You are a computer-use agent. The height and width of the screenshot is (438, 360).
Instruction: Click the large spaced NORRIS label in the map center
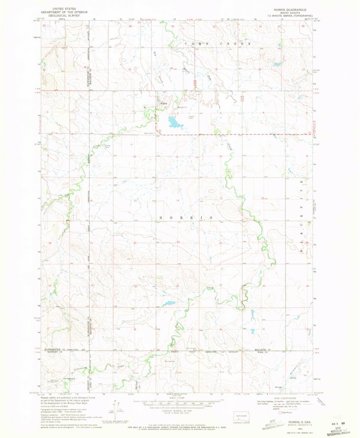[186, 218]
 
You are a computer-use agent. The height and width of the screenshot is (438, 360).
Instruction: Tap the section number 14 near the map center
[177, 201]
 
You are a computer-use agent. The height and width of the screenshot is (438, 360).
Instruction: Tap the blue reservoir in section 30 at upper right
[275, 65]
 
